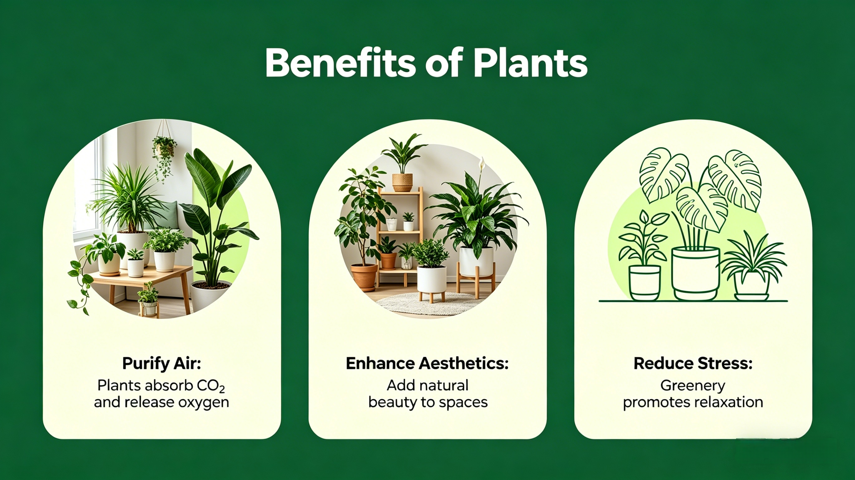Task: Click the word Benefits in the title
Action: (340, 63)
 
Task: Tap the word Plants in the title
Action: (530, 63)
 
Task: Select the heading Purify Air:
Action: (161, 364)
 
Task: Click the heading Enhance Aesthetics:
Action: (427, 363)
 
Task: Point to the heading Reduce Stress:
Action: (693, 363)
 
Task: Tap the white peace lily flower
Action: (482, 165)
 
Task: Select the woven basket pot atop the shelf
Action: (402, 182)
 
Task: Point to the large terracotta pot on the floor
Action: (364, 278)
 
